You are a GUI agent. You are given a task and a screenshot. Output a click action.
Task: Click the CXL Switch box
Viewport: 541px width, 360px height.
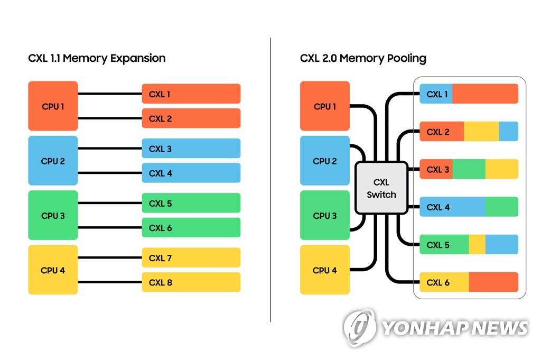381,188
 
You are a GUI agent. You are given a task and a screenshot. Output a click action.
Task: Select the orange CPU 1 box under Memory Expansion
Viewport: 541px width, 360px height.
53,106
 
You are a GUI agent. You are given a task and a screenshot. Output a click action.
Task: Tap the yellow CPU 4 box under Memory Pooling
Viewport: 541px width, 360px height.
325,270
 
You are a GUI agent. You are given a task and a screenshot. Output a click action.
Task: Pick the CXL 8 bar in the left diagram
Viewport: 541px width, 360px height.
191,282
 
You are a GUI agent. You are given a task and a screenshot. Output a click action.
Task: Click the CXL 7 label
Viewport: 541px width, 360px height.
160,258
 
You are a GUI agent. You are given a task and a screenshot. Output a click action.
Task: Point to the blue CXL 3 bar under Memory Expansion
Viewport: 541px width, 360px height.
191,149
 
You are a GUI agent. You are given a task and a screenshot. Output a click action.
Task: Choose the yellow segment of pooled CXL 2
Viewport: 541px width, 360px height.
481,131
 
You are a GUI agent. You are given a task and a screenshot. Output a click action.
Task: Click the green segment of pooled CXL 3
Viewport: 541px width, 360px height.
469,169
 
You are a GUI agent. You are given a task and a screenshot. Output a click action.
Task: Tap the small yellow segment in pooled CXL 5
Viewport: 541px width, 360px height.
477,244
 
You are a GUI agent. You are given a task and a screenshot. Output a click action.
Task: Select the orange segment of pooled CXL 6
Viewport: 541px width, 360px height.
494,282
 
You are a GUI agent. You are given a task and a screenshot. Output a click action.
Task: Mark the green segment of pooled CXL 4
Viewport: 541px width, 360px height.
502,207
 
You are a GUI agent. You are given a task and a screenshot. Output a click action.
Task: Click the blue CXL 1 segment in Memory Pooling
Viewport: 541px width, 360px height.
436,94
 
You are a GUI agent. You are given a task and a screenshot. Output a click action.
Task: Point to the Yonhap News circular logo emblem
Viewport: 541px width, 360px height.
360,327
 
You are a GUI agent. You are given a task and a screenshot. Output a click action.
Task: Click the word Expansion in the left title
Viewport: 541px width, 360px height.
138,58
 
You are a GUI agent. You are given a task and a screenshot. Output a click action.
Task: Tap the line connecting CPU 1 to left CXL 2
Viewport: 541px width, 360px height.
110,118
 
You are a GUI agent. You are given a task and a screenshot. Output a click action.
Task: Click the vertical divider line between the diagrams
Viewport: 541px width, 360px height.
270,180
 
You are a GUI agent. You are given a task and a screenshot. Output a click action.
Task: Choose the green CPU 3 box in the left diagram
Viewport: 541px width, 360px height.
53,215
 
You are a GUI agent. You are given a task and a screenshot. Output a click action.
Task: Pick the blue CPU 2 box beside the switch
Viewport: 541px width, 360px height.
325,161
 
